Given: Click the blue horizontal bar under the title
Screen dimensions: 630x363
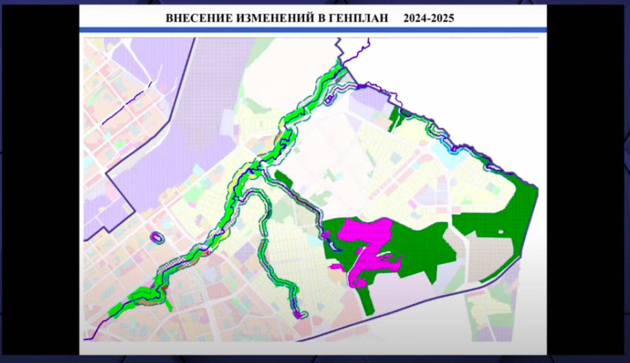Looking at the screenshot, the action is pyautogui.click(x=313, y=29).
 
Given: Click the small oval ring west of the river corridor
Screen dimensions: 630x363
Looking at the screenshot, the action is pyautogui.click(x=158, y=238).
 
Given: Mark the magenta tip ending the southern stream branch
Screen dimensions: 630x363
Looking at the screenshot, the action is pyautogui.click(x=298, y=314).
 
